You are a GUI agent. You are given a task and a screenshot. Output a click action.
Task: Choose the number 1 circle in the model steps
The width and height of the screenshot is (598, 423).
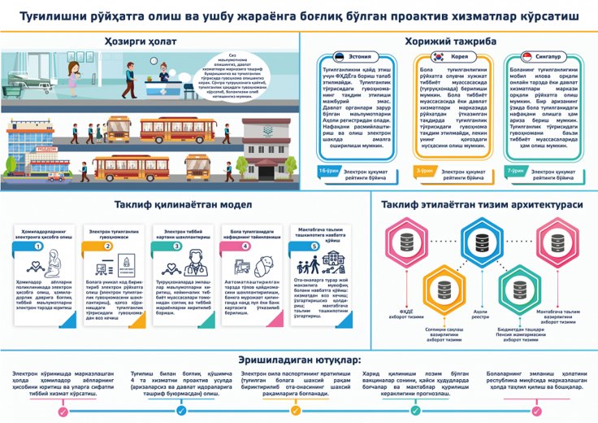39,246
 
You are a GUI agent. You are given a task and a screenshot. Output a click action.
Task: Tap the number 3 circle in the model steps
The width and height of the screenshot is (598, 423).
177,246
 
